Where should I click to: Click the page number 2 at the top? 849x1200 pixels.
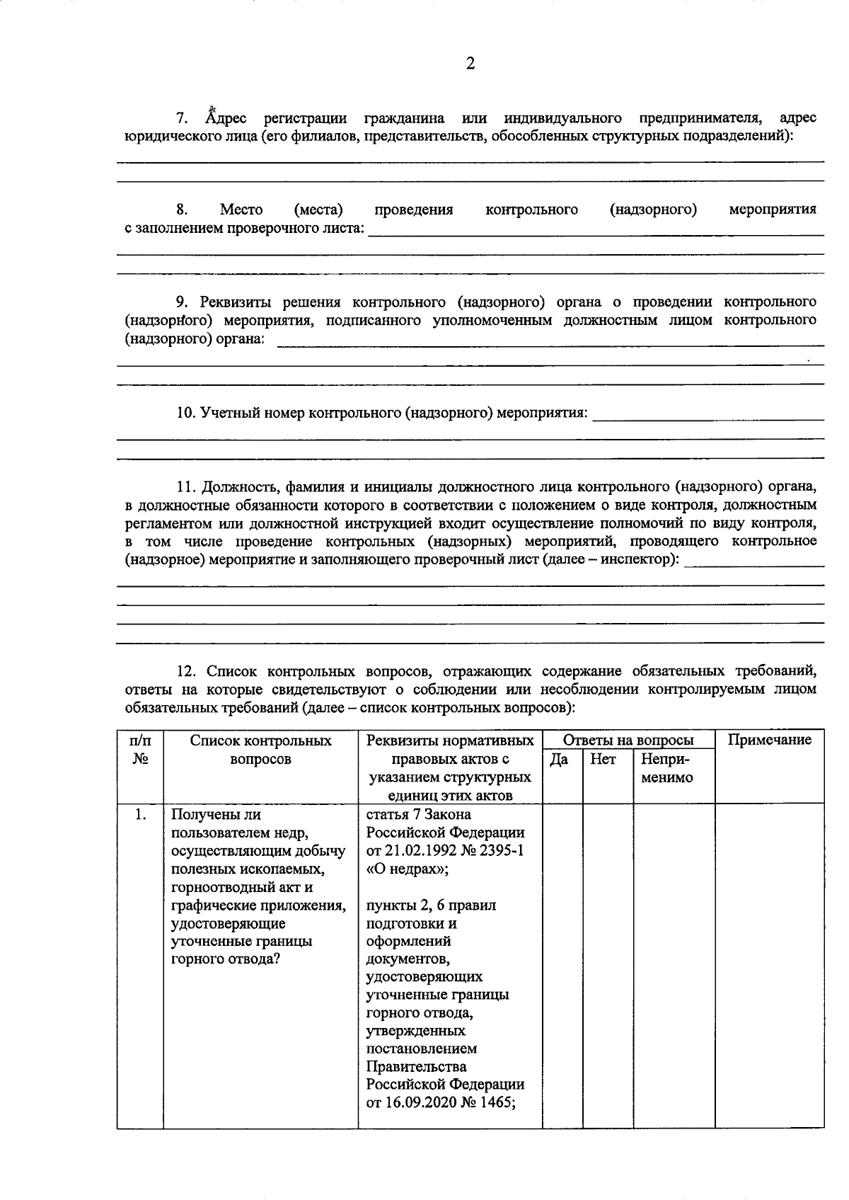pos(470,64)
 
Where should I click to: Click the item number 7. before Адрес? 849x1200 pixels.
pos(182,118)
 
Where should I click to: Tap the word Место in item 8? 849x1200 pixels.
pos(241,210)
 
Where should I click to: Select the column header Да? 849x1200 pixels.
pos(559,759)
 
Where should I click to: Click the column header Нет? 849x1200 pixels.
pos(603,759)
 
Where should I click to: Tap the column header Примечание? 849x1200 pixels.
pos(770,740)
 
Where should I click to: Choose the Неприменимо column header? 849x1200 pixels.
pos(666,768)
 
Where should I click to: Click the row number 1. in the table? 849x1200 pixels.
pos(141,815)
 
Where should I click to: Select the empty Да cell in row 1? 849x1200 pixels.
pos(562,963)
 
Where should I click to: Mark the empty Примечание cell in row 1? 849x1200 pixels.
pos(769,963)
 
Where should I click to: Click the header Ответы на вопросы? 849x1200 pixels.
pos(628,740)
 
